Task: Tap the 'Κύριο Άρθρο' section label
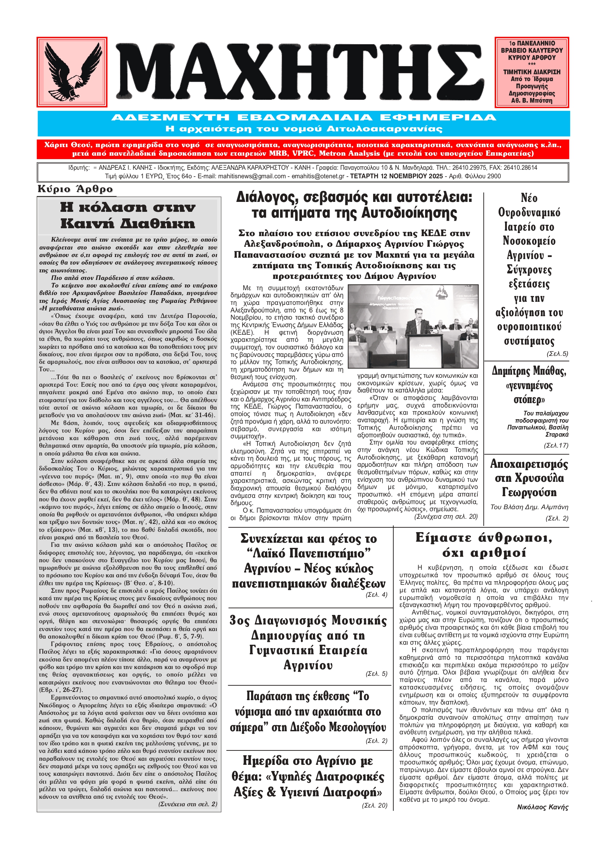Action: click(x=75, y=189)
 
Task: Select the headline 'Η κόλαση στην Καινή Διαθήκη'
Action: click(x=128, y=216)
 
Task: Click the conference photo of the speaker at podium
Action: click(x=413, y=326)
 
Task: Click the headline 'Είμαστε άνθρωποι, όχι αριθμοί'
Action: click(x=484, y=545)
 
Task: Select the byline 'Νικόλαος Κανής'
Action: click(x=543, y=807)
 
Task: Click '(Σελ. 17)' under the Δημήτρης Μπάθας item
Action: click(x=556, y=446)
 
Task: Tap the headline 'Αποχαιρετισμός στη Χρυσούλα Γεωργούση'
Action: click(x=529, y=478)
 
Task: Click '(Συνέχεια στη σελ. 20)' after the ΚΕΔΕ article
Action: click(x=446, y=516)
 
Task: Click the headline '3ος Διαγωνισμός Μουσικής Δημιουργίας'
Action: click(x=308, y=643)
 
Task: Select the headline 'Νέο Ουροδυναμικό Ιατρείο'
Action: click(x=529, y=269)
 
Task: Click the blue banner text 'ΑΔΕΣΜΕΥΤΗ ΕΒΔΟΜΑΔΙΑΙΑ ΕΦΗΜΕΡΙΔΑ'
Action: click(x=303, y=118)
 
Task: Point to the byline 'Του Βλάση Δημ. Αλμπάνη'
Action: click(x=529, y=507)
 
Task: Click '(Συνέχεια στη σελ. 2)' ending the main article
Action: click(x=187, y=804)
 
